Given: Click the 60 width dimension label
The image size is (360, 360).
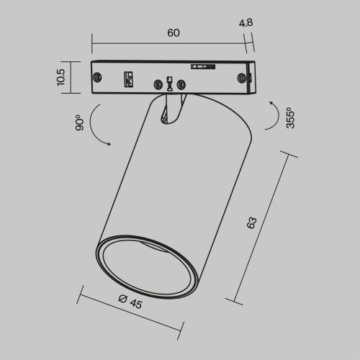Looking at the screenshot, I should click(173, 33).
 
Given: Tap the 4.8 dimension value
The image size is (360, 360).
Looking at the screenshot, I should click(246, 22).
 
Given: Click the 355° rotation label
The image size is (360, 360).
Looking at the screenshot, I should click(289, 118).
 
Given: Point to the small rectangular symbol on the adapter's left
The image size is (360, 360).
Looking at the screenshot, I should click(130, 78).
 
